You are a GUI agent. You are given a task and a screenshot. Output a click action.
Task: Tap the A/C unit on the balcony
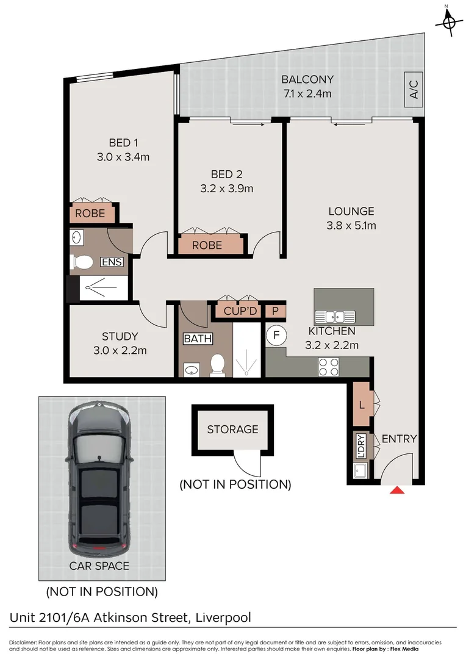pos(414,92)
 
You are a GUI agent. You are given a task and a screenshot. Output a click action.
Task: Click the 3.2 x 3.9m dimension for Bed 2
pos(226,188)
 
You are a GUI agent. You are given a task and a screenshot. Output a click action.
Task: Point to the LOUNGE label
pos(351,211)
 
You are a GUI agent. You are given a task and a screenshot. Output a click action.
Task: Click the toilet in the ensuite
pos(82,262)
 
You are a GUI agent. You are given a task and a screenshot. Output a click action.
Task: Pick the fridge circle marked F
pos(276,335)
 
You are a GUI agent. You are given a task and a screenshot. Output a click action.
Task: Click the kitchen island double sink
pos(335,317)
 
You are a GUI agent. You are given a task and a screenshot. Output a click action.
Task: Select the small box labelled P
pos(276,311)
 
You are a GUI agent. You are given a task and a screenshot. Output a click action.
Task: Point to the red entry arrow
pos(397,489)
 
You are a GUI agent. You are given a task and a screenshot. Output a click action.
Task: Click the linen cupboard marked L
pos(361,404)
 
